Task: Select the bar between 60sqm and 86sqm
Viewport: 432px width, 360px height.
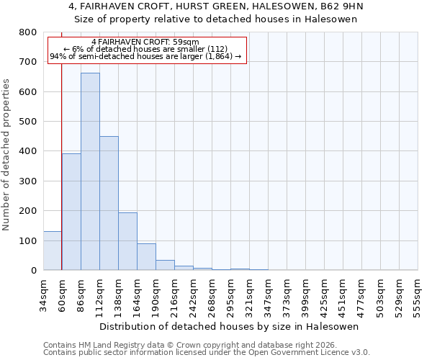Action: (71, 212)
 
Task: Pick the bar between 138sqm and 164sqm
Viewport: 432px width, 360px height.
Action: (127, 241)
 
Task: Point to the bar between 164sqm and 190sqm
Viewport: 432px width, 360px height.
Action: (146, 257)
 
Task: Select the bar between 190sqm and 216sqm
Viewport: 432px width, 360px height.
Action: (165, 265)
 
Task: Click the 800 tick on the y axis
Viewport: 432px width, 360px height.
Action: (28, 32)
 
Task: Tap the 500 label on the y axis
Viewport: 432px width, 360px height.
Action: (28, 122)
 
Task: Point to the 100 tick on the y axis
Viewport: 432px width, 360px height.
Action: (28, 240)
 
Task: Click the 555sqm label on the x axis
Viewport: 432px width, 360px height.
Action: (418, 294)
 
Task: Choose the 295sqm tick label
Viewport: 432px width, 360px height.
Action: (230, 294)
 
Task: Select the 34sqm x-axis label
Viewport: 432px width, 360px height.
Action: (43, 294)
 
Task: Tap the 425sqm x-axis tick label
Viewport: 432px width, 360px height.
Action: (325, 294)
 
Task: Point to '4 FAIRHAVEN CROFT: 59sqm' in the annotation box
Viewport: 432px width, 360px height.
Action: (146, 42)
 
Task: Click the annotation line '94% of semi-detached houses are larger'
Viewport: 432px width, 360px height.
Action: (146, 57)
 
